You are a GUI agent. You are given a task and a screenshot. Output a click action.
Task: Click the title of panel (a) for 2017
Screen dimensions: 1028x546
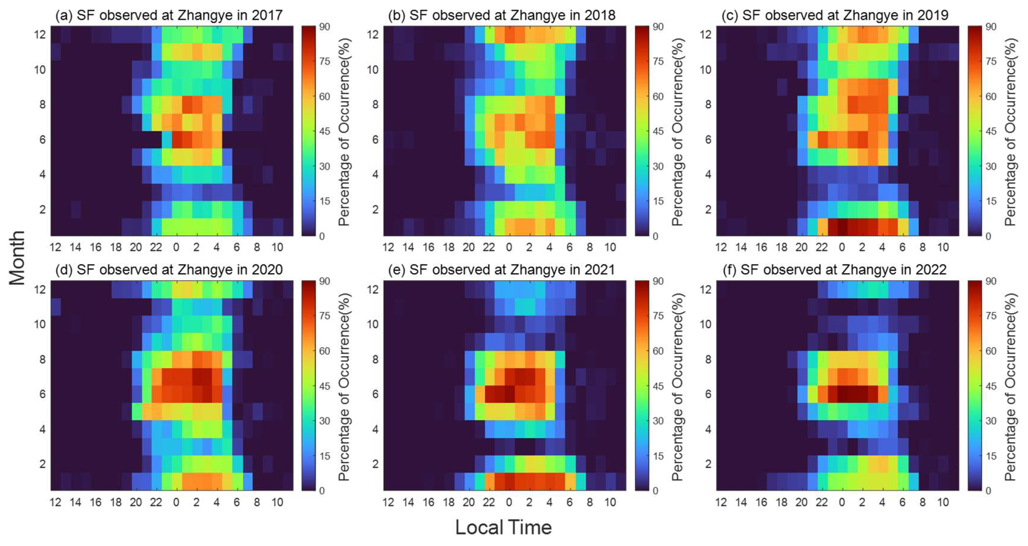(x=169, y=15)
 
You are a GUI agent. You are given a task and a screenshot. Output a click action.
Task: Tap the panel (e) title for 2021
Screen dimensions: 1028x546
(x=501, y=270)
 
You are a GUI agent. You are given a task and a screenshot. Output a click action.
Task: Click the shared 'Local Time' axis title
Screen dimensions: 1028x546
(x=504, y=528)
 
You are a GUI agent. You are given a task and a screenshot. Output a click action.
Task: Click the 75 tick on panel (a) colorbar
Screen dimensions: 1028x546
(x=324, y=62)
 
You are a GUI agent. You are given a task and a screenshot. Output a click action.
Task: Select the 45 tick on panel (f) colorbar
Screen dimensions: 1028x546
(x=991, y=386)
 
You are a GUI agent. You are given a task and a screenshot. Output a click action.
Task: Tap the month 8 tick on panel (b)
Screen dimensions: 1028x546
(x=375, y=104)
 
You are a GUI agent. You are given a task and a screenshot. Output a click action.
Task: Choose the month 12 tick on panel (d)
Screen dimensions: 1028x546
(x=40, y=289)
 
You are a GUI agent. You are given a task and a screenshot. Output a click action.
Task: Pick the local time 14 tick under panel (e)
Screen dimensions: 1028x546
(x=408, y=502)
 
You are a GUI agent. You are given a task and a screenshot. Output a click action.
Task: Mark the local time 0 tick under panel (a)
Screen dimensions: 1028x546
(x=176, y=247)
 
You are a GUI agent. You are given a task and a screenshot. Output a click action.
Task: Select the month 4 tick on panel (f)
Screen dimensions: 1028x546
(x=708, y=429)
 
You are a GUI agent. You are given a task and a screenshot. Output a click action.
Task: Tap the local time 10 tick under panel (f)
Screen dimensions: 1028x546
(x=943, y=502)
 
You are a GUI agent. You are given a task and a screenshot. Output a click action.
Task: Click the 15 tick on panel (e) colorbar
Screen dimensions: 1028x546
(x=658, y=456)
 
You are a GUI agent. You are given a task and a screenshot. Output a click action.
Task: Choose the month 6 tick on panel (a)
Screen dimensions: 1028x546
(x=42, y=140)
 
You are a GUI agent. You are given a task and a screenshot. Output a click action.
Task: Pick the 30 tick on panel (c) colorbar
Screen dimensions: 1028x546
(x=991, y=166)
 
